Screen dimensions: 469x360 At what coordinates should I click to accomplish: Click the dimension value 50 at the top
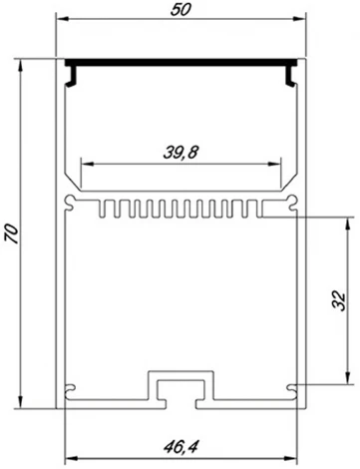[x=180, y=9]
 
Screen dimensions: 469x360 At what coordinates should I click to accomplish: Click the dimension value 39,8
[x=180, y=152]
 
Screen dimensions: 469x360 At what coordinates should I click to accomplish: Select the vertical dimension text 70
[x=12, y=234]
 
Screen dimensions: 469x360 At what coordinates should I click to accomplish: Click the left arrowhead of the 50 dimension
[x=60, y=19]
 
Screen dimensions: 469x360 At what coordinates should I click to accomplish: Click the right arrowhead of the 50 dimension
[x=298, y=19]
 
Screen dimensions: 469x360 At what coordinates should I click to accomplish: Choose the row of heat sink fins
[x=180, y=209]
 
